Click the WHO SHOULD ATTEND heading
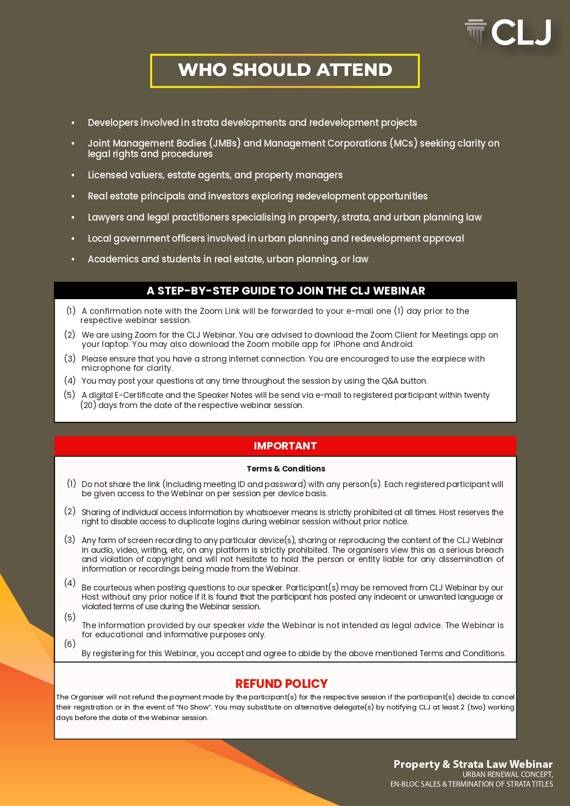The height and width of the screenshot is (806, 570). (x=285, y=70)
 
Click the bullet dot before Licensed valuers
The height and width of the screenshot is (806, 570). (x=73, y=176)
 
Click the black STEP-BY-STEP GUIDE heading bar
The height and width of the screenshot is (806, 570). (x=285, y=291)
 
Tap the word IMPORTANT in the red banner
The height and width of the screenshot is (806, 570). (x=285, y=446)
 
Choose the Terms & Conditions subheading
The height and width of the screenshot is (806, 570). (x=286, y=469)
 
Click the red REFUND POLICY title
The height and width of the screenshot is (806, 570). (x=281, y=684)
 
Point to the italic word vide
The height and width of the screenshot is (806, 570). (x=256, y=625)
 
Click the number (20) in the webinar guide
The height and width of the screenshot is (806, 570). (x=88, y=405)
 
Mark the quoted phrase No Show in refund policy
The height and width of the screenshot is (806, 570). (x=192, y=707)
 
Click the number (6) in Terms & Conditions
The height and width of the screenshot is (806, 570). (x=70, y=644)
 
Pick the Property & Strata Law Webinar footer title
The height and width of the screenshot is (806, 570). (x=473, y=764)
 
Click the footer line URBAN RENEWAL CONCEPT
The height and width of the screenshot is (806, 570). (x=507, y=774)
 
